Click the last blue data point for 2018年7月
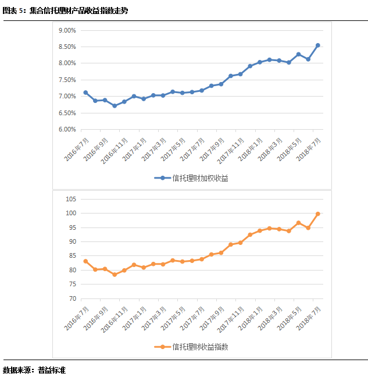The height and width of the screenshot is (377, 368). click(x=318, y=45)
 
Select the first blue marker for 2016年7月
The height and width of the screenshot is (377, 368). click(x=85, y=93)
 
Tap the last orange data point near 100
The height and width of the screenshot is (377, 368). click(x=318, y=214)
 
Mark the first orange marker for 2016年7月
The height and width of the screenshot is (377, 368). click(x=85, y=261)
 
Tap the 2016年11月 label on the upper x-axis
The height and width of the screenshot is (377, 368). click(x=115, y=150)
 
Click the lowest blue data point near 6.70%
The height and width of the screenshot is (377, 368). click(x=115, y=106)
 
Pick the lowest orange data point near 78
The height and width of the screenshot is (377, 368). click(x=115, y=275)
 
